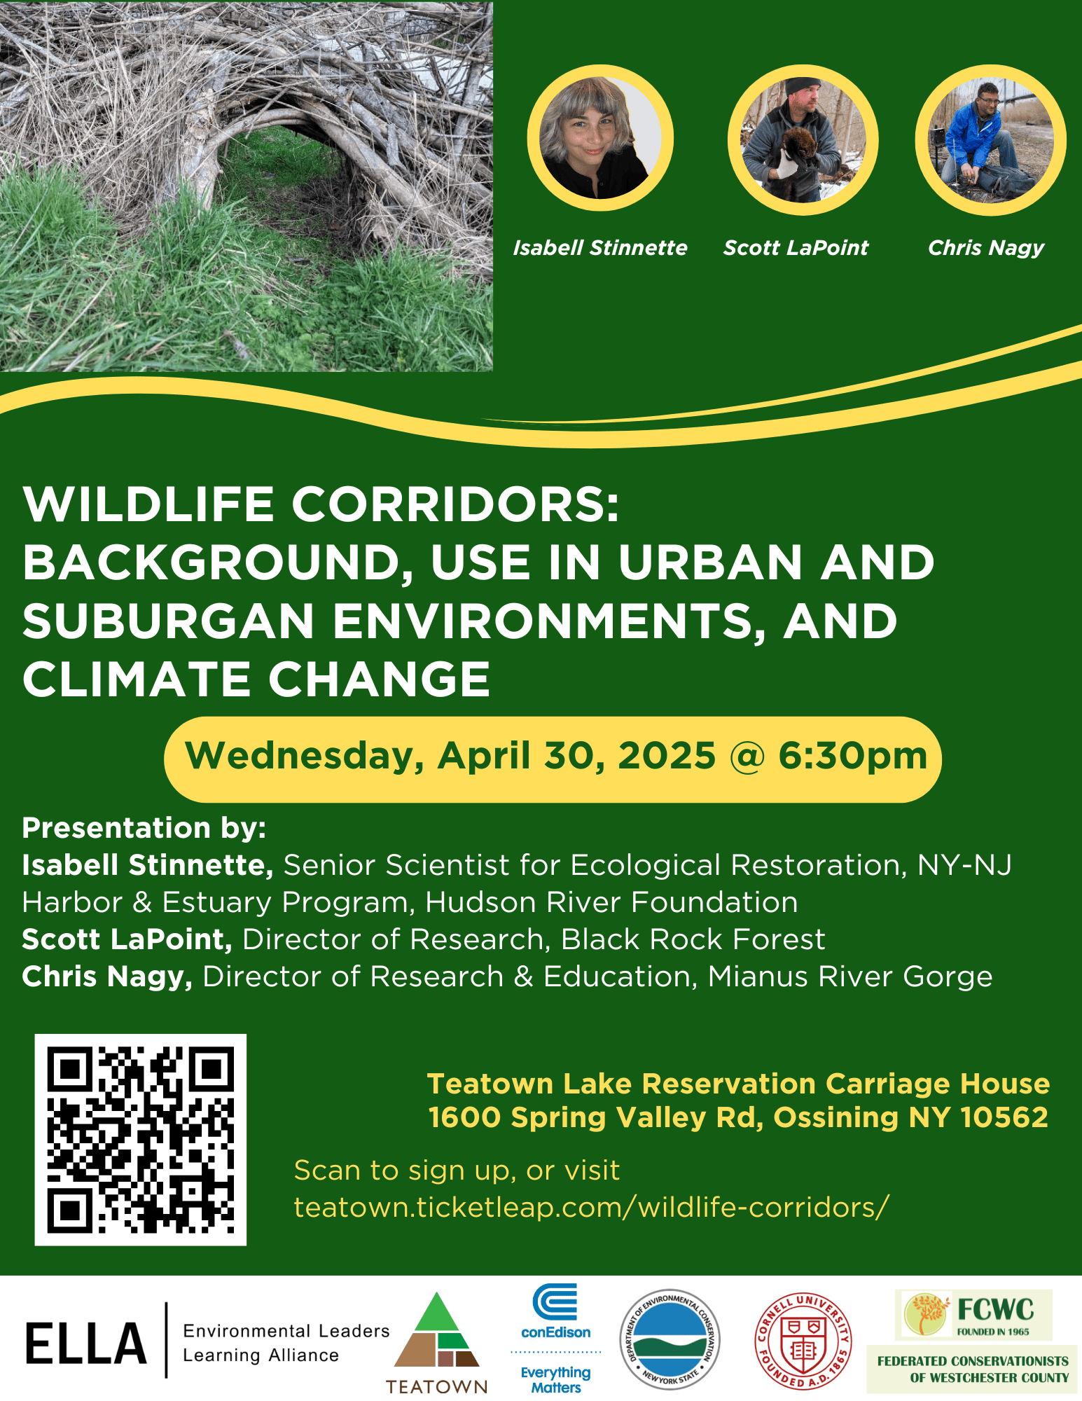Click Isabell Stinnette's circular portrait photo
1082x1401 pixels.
click(x=600, y=138)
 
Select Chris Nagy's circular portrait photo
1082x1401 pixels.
click(x=990, y=139)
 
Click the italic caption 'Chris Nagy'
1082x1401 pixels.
click(x=985, y=248)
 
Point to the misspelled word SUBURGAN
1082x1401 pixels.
click(x=168, y=621)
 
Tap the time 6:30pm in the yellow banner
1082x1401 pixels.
click(x=852, y=757)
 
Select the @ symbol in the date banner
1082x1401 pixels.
click(x=747, y=757)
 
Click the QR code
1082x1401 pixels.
click(x=141, y=1140)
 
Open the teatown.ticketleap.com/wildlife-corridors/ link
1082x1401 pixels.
click(x=592, y=1208)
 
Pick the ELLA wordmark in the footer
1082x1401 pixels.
click(x=86, y=1344)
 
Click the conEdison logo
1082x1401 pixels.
click(x=556, y=1337)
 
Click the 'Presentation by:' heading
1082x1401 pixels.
click(x=144, y=828)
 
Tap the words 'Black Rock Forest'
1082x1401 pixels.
click(x=693, y=939)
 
